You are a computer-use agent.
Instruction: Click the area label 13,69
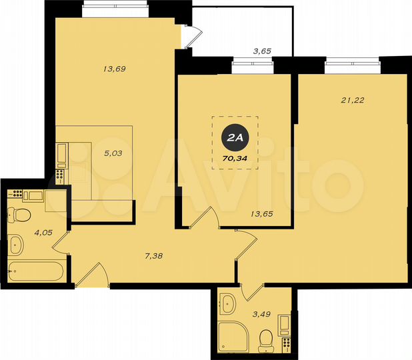115,69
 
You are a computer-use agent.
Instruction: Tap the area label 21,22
353,101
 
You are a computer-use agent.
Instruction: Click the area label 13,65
262,214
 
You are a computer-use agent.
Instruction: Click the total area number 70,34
234,158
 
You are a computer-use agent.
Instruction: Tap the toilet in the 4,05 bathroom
19,215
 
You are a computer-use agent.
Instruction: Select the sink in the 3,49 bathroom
229,303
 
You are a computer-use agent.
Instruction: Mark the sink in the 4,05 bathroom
17,245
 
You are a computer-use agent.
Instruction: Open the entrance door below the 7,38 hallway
93,277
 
